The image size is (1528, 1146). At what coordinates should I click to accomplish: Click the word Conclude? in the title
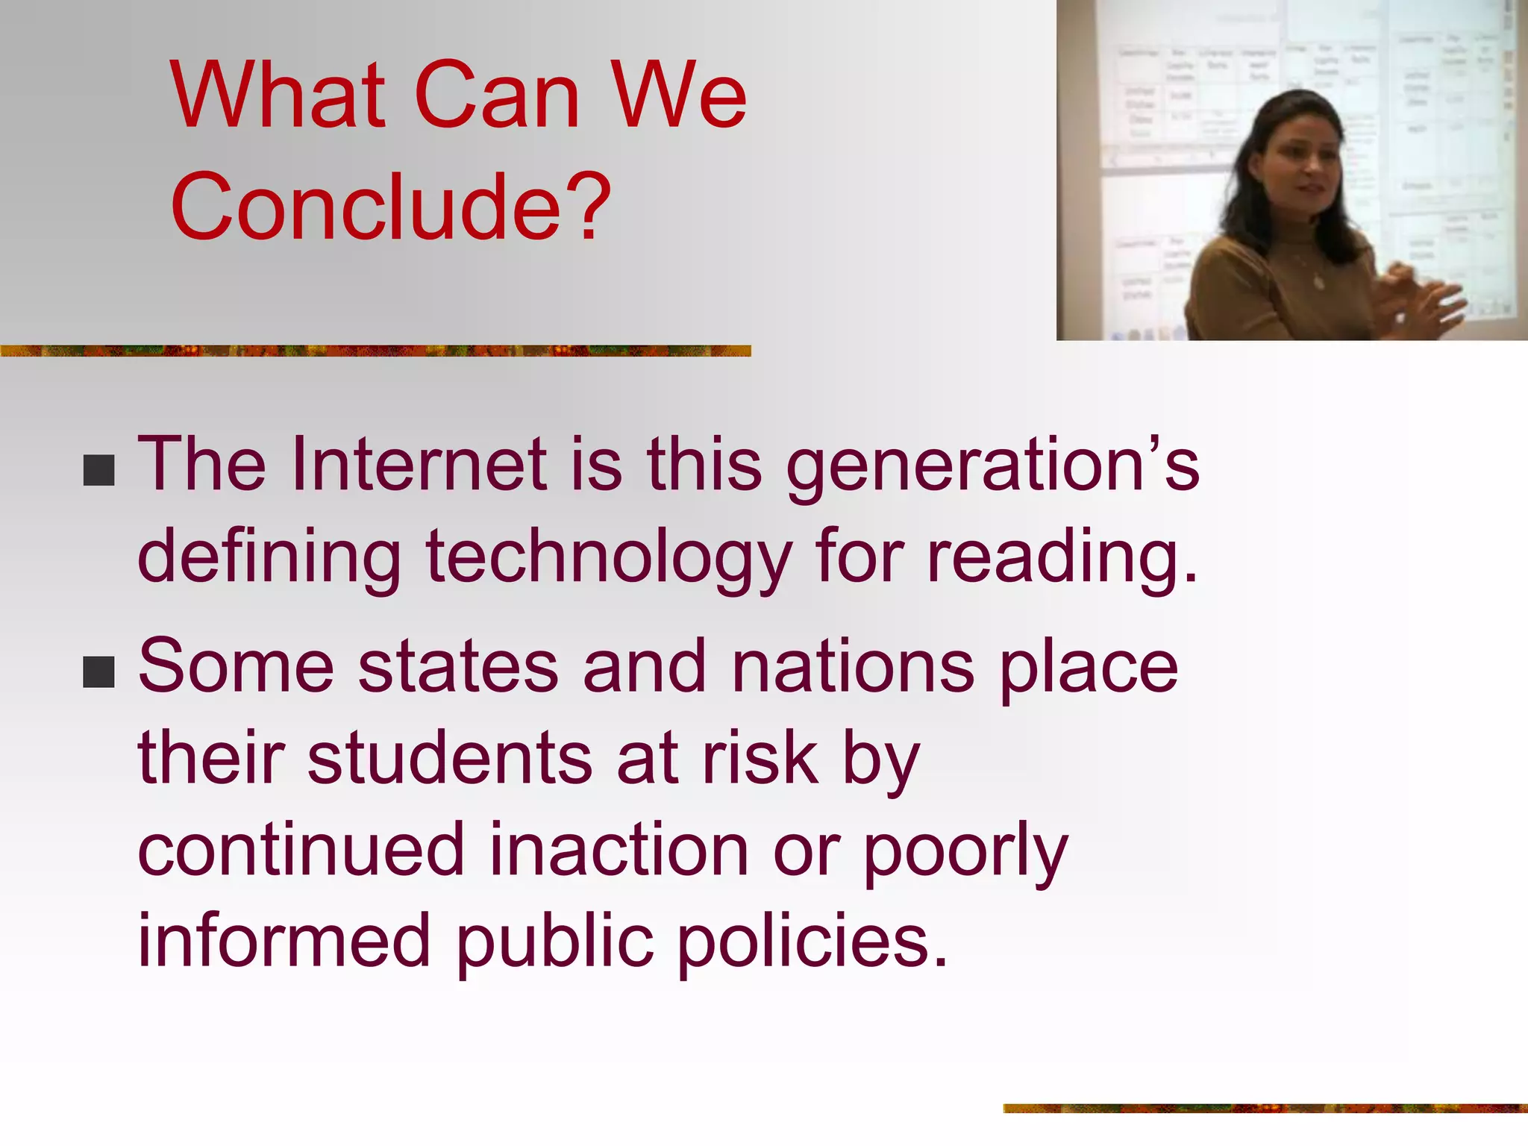[390, 207]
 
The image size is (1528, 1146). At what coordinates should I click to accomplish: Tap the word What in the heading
[278, 95]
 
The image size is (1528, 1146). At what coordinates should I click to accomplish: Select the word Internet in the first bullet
[420, 465]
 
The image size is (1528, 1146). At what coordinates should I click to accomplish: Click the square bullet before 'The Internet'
[99, 470]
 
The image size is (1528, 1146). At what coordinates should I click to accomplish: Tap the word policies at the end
[812, 942]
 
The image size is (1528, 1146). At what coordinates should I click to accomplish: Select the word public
[554, 942]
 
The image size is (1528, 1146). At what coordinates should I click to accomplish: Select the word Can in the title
[497, 95]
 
